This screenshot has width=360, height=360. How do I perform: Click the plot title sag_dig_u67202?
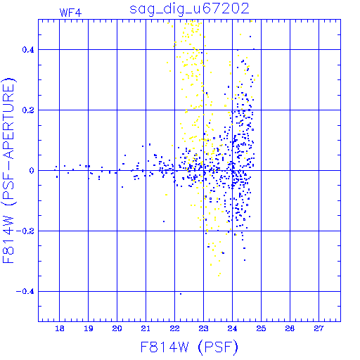(189, 9)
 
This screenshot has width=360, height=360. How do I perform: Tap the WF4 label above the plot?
(70, 13)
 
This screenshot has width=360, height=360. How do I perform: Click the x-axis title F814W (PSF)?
(189, 347)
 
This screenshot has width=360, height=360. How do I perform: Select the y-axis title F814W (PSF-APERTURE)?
(8, 170)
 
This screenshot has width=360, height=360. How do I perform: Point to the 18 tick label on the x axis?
(60, 328)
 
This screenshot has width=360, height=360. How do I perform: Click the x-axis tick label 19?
(89, 328)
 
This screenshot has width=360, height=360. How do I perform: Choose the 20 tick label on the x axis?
(117, 328)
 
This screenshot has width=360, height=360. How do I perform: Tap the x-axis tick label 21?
(146, 328)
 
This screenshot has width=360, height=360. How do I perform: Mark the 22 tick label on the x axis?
(174, 328)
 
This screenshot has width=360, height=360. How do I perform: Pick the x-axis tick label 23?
(203, 328)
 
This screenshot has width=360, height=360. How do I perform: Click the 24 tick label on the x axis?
(232, 328)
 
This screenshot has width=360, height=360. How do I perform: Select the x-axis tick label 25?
(261, 328)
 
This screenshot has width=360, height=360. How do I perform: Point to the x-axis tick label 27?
(319, 328)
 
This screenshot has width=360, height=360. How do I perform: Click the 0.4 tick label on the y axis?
(28, 50)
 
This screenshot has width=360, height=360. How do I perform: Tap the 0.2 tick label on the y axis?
(28, 110)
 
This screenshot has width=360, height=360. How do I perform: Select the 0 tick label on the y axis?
(32, 171)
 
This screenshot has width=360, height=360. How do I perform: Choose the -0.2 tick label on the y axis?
(25, 231)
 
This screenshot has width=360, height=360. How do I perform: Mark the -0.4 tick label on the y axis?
(25, 292)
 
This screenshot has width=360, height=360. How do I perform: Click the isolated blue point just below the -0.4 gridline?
(181, 294)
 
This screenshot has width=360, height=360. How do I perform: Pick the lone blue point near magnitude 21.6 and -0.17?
(164, 221)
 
